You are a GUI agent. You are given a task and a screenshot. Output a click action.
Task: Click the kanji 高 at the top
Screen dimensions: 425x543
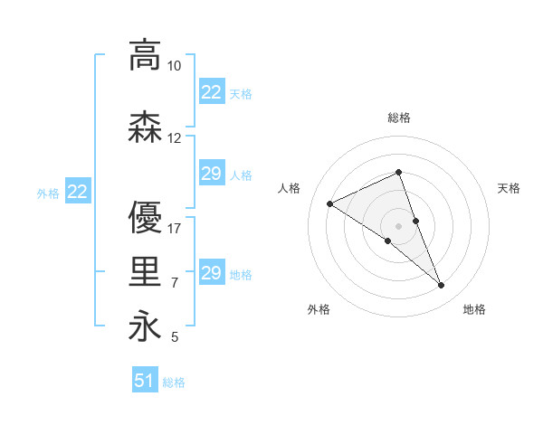pyautogui.click(x=144, y=56)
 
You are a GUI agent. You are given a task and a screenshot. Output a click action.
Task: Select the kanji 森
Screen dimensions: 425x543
pyautogui.click(x=144, y=127)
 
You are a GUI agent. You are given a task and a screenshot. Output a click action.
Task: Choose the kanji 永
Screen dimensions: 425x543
pyautogui.click(x=144, y=327)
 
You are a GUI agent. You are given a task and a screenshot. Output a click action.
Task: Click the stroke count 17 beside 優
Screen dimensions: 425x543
pyautogui.click(x=175, y=228)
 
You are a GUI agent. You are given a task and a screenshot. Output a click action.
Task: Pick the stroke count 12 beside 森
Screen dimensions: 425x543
pyautogui.click(x=175, y=138)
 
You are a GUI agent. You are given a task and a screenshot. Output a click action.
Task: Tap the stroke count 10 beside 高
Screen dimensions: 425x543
pyautogui.click(x=175, y=67)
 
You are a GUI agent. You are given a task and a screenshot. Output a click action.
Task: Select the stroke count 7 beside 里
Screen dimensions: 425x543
pyautogui.click(x=175, y=283)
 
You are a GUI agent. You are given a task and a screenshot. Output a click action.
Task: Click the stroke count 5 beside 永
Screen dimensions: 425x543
pyautogui.click(x=175, y=337)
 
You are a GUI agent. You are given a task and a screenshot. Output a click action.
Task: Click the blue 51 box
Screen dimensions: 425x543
pyautogui.click(x=145, y=381)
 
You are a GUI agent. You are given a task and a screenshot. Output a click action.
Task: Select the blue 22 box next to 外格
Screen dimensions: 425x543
pyautogui.click(x=78, y=192)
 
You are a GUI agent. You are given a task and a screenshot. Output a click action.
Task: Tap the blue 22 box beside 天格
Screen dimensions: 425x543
pyautogui.click(x=212, y=92)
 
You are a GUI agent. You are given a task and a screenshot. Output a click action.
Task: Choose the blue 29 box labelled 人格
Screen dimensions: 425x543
pyautogui.click(x=212, y=174)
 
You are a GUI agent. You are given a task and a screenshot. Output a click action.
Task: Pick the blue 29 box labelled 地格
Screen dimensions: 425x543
pyautogui.click(x=212, y=273)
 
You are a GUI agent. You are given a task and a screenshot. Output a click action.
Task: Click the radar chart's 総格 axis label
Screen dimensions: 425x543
pyautogui.click(x=399, y=118)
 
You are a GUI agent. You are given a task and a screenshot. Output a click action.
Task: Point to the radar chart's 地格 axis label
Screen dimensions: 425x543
pyautogui.click(x=474, y=310)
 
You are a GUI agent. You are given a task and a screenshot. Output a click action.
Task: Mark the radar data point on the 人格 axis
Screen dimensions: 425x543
pyautogui.click(x=330, y=204)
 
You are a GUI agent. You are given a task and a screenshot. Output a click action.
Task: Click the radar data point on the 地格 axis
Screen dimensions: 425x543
pyautogui.click(x=442, y=286)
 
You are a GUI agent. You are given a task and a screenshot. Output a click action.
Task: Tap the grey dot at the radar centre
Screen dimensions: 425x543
pyautogui.click(x=398, y=225)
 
